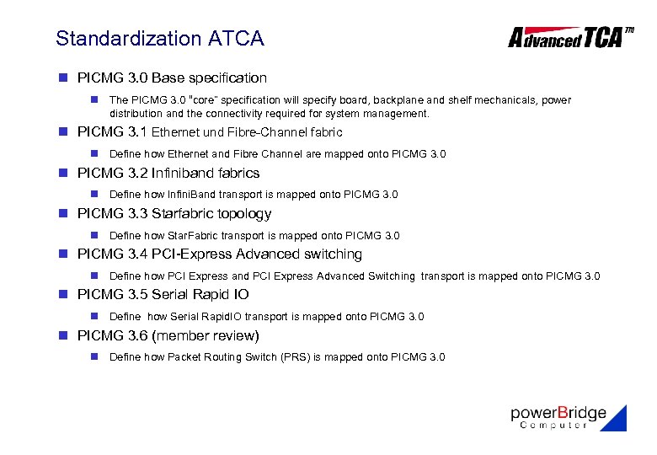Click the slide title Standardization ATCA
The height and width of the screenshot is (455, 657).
[x=159, y=39]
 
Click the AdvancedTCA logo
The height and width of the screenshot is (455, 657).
[x=569, y=37]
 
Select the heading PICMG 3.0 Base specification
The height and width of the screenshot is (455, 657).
[x=172, y=78]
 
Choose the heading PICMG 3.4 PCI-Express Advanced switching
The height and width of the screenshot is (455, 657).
[x=219, y=254]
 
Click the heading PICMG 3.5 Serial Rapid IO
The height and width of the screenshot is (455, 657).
[x=163, y=294]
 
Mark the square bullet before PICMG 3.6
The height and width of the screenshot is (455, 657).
[x=62, y=335]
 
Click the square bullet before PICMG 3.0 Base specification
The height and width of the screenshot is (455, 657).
[x=62, y=78]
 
